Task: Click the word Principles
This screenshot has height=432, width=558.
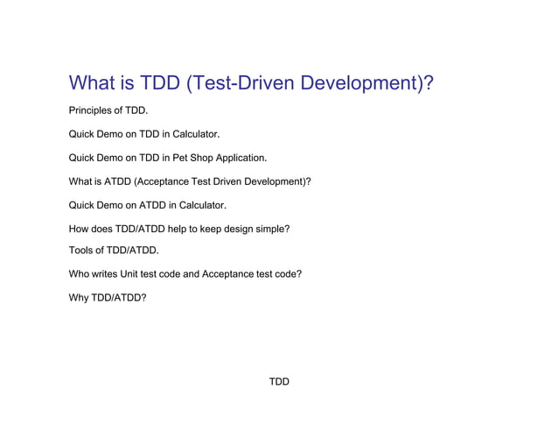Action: tap(91, 111)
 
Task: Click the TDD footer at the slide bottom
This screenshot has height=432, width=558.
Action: tap(279, 382)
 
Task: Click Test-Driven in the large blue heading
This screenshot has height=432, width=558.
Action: tap(237, 83)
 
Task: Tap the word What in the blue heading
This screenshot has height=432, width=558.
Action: tap(95, 83)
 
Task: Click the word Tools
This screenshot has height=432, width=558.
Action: tap(81, 251)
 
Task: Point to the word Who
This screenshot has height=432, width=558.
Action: tap(79, 274)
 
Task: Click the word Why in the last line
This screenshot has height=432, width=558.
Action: tap(79, 298)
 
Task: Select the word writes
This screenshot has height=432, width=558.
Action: tap(105, 274)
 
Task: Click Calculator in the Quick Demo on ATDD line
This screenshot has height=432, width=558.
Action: tap(199, 206)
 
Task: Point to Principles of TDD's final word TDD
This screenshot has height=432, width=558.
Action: tap(136, 111)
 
